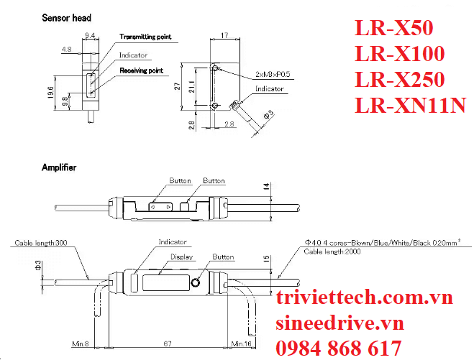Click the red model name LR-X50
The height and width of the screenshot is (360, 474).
click(x=394, y=27)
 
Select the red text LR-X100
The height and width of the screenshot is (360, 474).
click(x=400, y=53)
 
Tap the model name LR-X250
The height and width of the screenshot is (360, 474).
click(x=400, y=80)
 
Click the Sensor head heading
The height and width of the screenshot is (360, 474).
click(x=66, y=17)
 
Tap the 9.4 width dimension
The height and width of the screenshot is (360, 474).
click(x=91, y=33)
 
